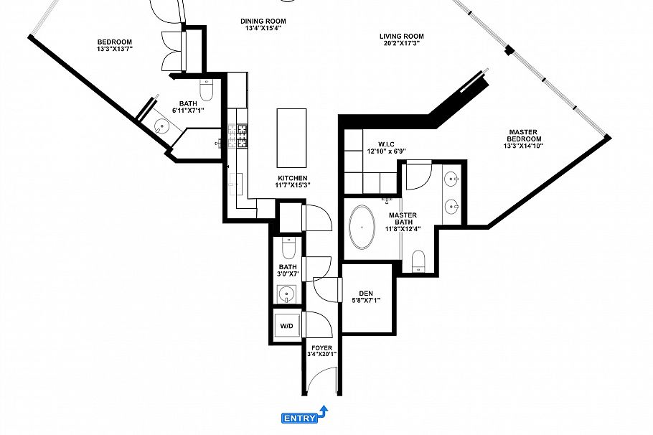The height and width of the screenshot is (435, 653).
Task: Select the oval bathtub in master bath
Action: (x=362, y=228)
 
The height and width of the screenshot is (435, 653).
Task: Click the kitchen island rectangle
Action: (x=291, y=136)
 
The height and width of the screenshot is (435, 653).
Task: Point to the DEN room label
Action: (x=366, y=293)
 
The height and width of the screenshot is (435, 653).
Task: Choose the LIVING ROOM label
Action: (x=401, y=36)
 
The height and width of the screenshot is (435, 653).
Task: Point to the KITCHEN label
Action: (x=292, y=178)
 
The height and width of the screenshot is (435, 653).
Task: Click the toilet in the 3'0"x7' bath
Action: (x=288, y=248)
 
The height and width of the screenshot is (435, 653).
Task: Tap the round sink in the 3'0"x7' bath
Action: (x=287, y=294)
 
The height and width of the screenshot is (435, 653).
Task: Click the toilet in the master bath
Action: (x=420, y=261)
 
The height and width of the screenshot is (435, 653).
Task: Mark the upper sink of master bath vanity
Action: (x=452, y=179)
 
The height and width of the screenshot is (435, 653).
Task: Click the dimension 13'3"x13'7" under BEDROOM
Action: (x=115, y=50)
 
